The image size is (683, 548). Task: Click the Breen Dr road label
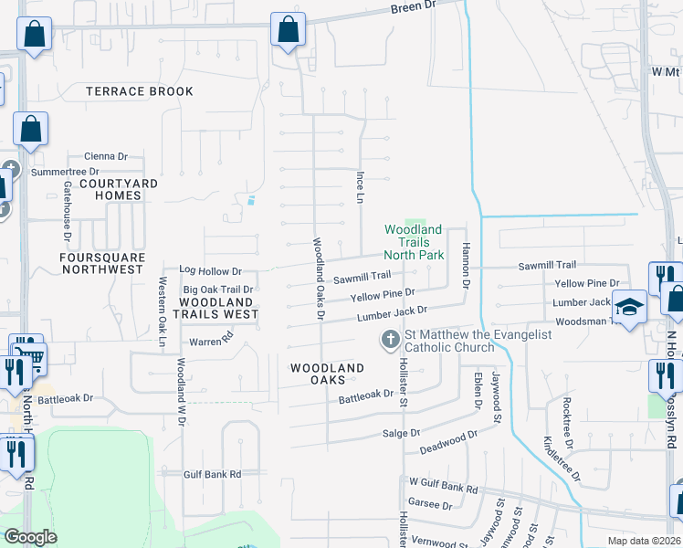[415, 6]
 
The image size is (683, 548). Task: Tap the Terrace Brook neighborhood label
[140, 91]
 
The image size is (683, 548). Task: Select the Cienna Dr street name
[105, 156]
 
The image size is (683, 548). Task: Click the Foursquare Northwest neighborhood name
[102, 263]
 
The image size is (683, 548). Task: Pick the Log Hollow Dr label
[210, 271]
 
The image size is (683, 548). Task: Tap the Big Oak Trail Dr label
[217, 290]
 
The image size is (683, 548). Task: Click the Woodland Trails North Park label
[413, 242]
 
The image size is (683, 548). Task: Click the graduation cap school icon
[629, 306]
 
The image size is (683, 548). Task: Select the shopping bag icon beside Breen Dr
[288, 29]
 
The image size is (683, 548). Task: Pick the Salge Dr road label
[401, 433]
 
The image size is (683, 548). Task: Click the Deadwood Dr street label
[448, 442]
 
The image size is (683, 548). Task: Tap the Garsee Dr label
[425, 503]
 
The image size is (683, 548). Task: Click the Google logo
[30, 536]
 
